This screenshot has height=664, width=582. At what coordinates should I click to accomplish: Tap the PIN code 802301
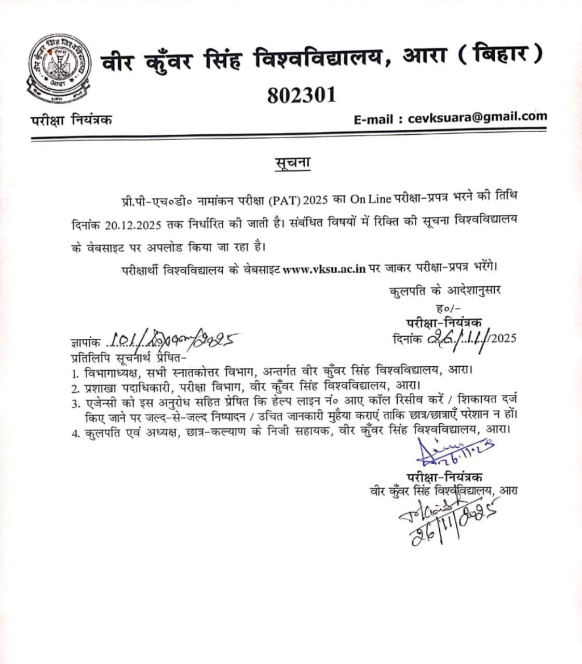point(302,95)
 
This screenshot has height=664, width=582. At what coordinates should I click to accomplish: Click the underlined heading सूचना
point(292,162)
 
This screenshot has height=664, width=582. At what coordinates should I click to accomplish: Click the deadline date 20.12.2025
point(136,225)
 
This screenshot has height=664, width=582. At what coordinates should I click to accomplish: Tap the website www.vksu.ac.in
point(325,269)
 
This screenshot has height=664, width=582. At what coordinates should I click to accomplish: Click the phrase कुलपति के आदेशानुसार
point(445,290)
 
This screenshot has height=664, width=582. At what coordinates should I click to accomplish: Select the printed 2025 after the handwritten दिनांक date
point(503,339)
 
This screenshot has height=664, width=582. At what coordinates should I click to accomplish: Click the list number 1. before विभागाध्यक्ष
point(76,374)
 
